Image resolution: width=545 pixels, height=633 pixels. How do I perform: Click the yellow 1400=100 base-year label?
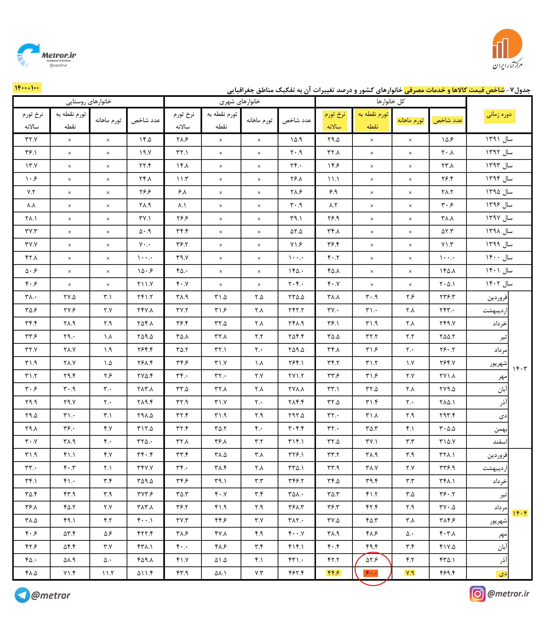pos(27,88)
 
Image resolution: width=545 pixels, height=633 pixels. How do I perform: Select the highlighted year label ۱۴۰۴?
pos(520,513)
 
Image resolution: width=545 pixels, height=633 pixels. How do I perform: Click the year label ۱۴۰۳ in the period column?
pos(520,369)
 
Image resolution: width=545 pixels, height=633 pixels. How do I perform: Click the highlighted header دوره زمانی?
pos(499,115)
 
